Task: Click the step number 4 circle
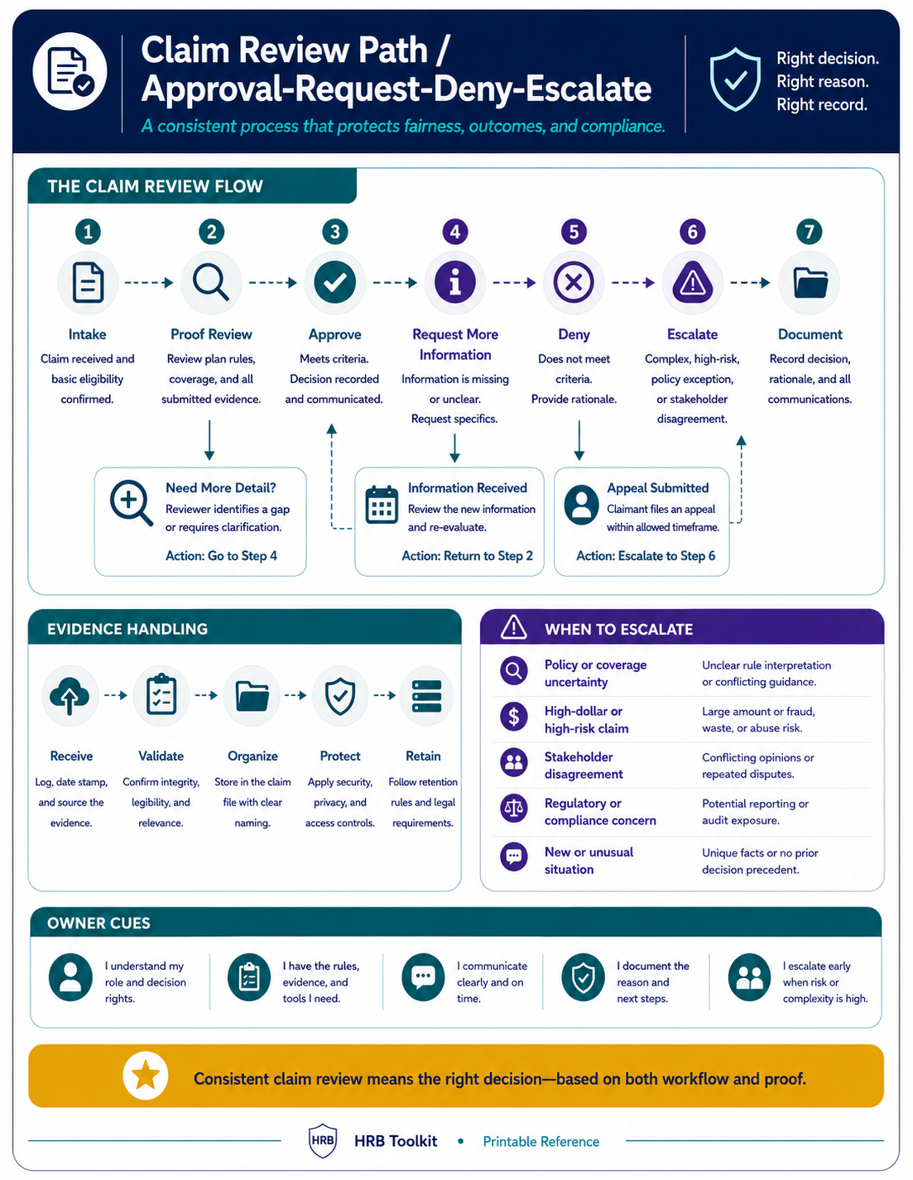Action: point(455,232)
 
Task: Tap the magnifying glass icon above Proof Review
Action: point(211,282)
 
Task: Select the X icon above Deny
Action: point(574,282)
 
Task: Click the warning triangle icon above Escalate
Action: point(693,282)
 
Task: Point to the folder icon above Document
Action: point(810,283)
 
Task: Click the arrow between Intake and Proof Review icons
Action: point(149,282)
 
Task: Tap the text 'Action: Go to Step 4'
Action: point(221,555)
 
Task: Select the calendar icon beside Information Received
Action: point(382,505)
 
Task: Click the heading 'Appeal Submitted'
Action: point(658,487)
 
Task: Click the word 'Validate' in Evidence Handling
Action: point(161,755)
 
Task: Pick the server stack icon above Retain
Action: point(426,696)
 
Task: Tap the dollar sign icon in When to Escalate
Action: point(513,717)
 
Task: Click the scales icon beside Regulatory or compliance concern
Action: point(513,808)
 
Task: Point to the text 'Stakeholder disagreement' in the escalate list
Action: point(584,765)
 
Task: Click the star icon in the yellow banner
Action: point(146,1076)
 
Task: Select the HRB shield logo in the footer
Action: point(323,1140)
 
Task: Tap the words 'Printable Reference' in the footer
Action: point(541,1141)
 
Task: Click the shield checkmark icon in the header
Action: point(735,79)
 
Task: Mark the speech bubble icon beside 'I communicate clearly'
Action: point(422,977)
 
